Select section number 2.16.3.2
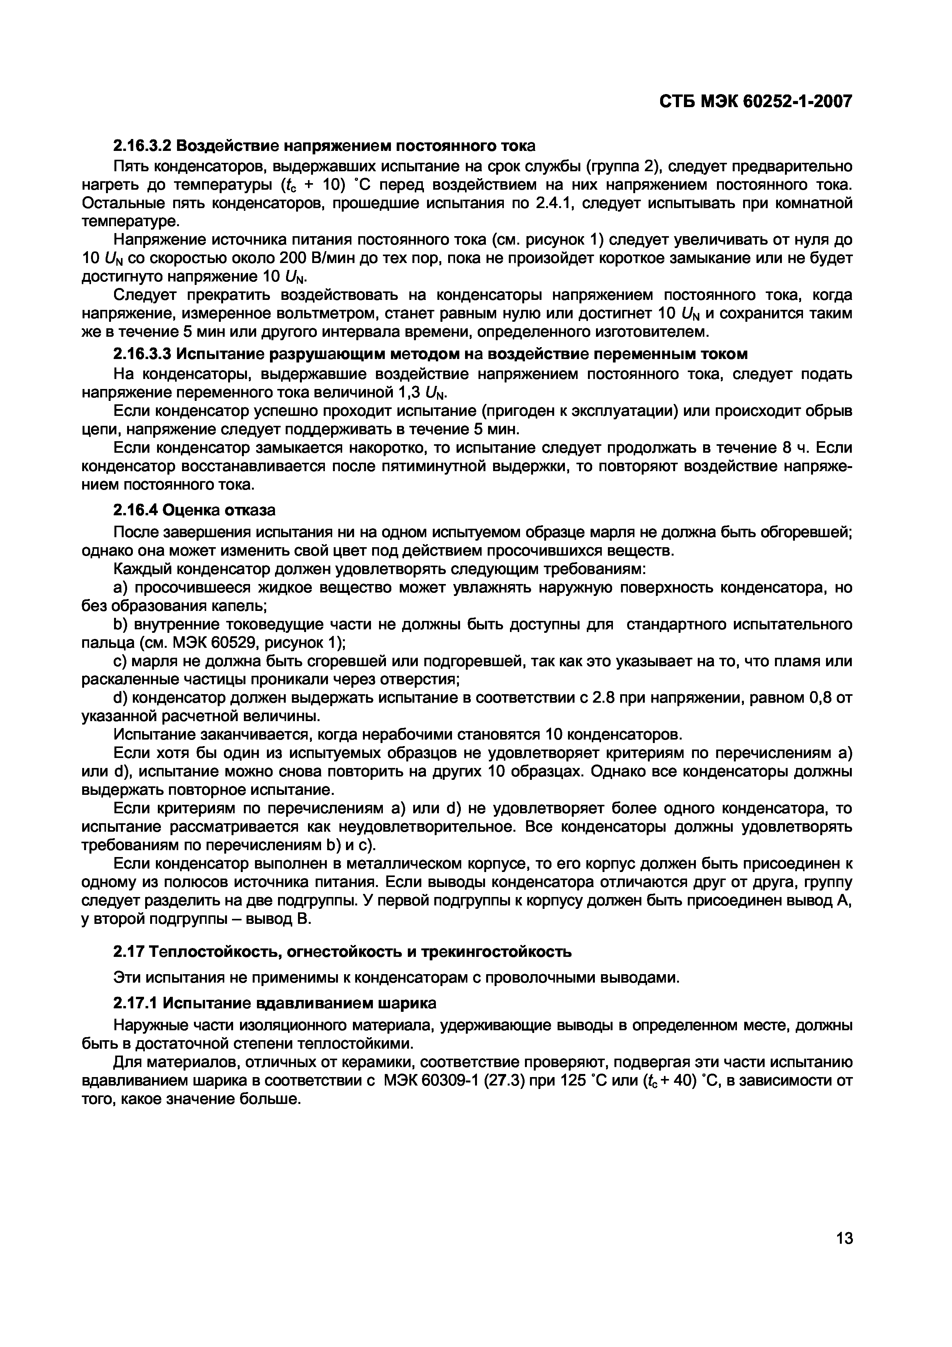coord(142,145)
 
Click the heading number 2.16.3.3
coord(142,354)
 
